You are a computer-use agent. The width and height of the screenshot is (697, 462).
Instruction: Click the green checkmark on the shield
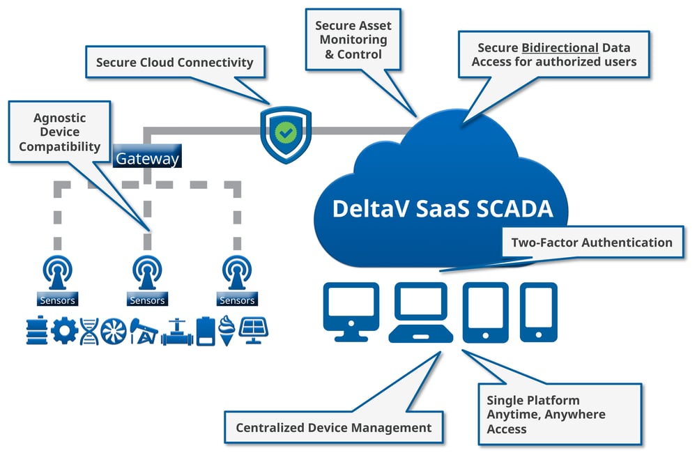pyautogui.click(x=284, y=131)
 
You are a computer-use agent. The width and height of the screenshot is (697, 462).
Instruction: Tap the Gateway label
pyautogui.click(x=147, y=158)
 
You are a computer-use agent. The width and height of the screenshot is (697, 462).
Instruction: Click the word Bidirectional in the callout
pyautogui.click(x=560, y=47)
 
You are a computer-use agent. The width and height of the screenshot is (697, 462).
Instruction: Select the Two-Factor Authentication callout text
pyautogui.click(x=592, y=242)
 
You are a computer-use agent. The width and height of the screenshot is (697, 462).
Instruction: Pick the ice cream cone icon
pyautogui.click(x=226, y=330)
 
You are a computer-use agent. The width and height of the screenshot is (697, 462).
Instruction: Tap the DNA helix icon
pyautogui.click(x=89, y=331)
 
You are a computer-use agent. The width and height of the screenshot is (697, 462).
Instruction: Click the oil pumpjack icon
pyautogui.click(x=143, y=331)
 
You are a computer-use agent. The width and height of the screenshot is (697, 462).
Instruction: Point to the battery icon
pyautogui.click(x=204, y=330)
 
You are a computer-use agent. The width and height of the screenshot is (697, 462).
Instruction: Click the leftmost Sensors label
pyautogui.click(x=59, y=300)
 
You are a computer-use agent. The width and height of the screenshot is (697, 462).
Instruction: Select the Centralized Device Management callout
pyautogui.click(x=333, y=427)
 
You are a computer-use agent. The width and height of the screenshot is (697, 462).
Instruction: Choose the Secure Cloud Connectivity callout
pyautogui.click(x=174, y=63)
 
